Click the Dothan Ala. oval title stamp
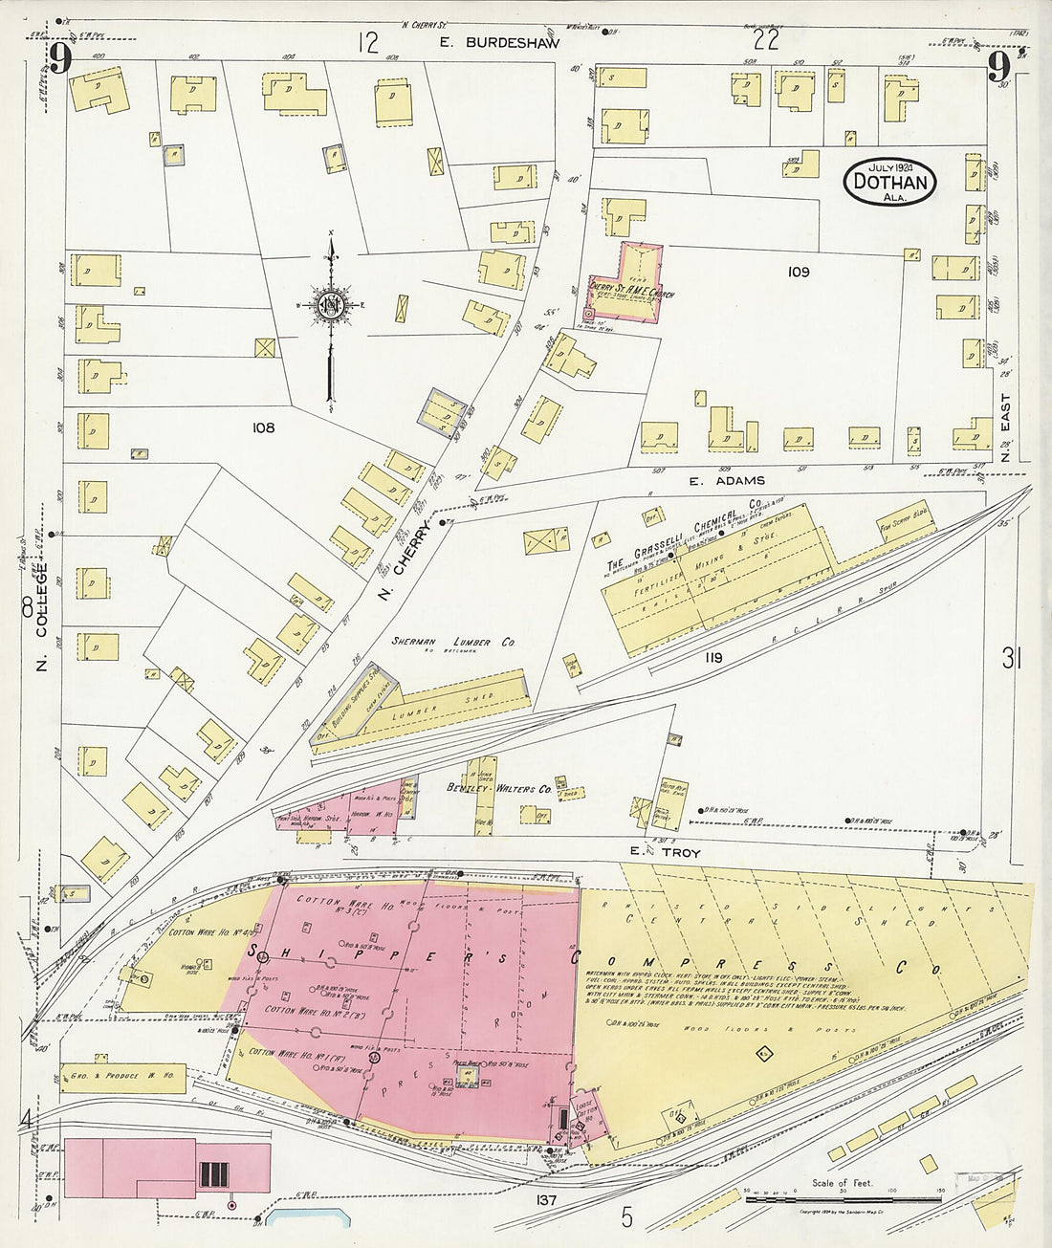(889, 181)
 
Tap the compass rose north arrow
(331, 306)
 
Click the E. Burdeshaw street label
(485, 42)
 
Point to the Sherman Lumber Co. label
(453, 643)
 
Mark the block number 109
(799, 273)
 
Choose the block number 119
(713, 657)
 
